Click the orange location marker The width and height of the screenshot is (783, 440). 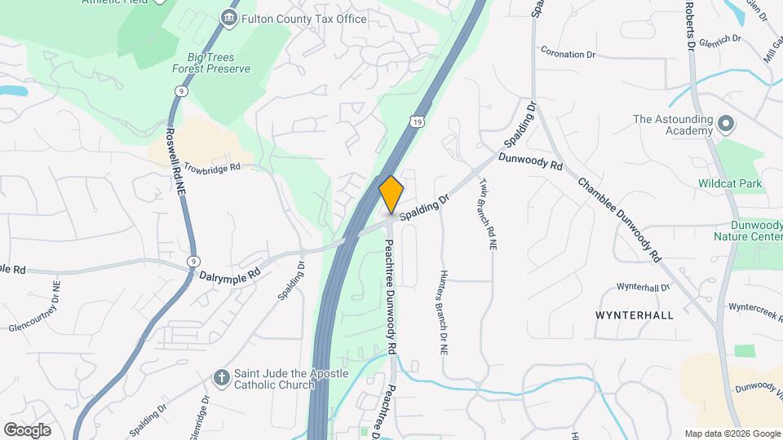[391, 194]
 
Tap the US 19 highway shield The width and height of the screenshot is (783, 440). [418, 121]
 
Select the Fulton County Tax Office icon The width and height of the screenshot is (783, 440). [230, 18]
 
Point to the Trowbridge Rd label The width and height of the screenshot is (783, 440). [212, 167]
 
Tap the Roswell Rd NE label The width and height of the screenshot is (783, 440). [172, 159]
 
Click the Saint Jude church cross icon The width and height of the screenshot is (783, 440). [220, 377]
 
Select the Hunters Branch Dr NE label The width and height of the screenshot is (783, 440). [445, 312]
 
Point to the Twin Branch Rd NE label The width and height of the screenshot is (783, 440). [488, 214]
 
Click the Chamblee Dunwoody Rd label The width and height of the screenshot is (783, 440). [620, 218]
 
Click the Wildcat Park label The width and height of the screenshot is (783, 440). [730, 183]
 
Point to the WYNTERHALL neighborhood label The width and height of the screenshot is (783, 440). [635, 315]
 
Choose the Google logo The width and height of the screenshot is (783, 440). [27, 429]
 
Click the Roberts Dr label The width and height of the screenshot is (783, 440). [689, 24]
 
